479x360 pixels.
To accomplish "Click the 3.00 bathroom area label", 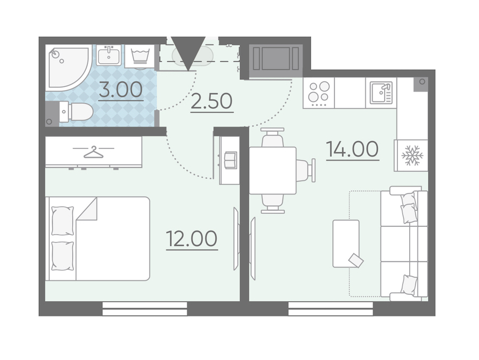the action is click(x=121, y=89).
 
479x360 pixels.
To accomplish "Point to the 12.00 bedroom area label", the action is click(x=192, y=239).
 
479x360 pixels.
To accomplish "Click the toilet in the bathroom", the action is click(x=76, y=111).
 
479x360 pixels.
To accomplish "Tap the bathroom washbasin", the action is click(x=109, y=55).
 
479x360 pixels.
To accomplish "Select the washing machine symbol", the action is click(x=140, y=56).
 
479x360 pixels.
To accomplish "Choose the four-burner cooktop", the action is click(x=319, y=93).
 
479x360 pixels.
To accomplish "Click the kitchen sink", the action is click(x=381, y=93).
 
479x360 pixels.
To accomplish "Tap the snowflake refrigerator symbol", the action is click(x=412, y=156).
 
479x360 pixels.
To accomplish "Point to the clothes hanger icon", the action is click(x=94, y=152).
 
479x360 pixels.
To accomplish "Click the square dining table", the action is click(x=273, y=170).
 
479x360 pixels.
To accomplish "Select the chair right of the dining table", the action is click(x=305, y=170).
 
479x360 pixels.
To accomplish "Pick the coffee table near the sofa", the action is click(x=346, y=243).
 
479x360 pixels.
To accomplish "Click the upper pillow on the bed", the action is click(x=63, y=221).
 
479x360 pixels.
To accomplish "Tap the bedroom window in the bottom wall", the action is click(x=144, y=309).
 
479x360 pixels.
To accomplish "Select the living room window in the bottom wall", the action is click(x=331, y=309).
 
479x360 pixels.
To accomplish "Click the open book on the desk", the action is click(x=230, y=160).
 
